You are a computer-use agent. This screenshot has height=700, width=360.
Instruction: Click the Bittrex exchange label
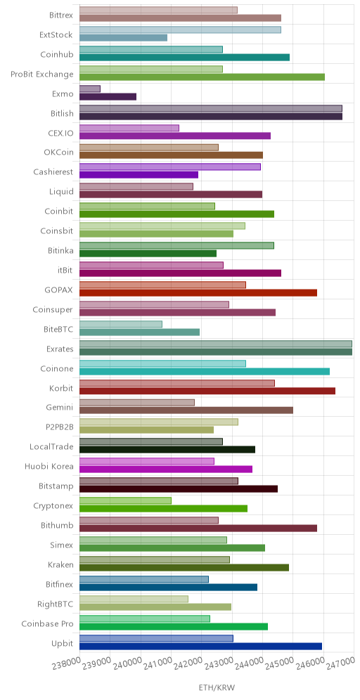61,14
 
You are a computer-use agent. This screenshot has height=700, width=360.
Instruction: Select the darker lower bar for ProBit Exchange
202,77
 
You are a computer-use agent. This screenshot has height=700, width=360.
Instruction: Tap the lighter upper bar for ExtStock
180,30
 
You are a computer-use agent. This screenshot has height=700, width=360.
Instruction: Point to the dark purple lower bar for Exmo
108,96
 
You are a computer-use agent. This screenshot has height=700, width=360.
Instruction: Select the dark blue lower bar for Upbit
200,647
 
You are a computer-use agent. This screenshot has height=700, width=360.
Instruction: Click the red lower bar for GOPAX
198,293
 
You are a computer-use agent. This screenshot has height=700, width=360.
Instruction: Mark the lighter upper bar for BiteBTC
121,324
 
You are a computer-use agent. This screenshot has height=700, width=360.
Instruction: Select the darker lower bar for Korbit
207,391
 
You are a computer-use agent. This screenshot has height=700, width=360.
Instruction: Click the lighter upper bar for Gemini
136,403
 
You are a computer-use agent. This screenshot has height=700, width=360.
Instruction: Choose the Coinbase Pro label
47,623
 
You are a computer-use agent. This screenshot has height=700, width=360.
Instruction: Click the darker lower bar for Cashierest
139,175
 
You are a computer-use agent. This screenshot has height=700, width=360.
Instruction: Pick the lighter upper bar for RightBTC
134,599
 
